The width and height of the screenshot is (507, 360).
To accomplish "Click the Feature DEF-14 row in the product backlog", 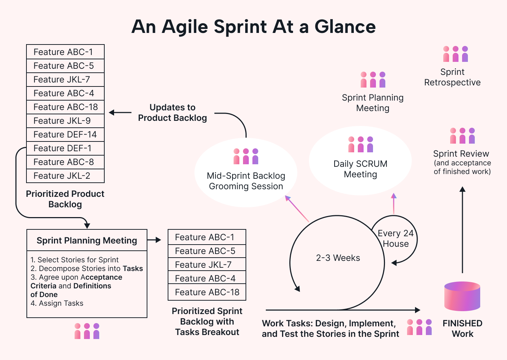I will pyautogui.click(x=65, y=135).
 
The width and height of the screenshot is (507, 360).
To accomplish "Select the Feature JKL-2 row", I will pyautogui.click(x=65, y=176).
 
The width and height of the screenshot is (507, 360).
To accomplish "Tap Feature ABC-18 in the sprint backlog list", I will pyautogui.click(x=207, y=292).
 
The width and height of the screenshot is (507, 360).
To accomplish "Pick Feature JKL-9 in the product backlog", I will pyautogui.click(x=65, y=121).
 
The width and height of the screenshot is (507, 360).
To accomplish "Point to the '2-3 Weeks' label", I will pyautogui.click(x=338, y=258).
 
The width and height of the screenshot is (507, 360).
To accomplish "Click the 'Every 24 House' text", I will pyautogui.click(x=395, y=239).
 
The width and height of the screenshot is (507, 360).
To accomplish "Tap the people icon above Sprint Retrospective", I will pyautogui.click(x=456, y=54).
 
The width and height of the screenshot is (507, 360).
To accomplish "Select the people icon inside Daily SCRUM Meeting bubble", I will pyautogui.click(x=360, y=144).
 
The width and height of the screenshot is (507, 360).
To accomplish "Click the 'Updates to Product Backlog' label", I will pyautogui.click(x=172, y=113).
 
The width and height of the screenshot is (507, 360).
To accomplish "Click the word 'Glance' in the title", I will pyautogui.click(x=345, y=27).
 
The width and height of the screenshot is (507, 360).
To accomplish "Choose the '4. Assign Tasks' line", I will pyautogui.click(x=57, y=303).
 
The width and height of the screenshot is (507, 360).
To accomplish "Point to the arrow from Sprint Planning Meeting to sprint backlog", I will pyautogui.click(x=154, y=240).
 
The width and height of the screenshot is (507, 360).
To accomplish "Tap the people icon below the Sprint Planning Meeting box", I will pyautogui.click(x=87, y=331).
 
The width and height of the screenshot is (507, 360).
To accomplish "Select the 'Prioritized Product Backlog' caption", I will pyautogui.click(x=65, y=199).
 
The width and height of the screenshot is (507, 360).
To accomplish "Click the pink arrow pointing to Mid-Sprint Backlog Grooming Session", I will pyautogui.click(x=297, y=208).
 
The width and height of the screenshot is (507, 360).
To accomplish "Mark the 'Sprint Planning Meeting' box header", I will pyautogui.click(x=87, y=241).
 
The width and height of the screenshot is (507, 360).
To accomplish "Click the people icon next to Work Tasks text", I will pyautogui.click(x=419, y=327).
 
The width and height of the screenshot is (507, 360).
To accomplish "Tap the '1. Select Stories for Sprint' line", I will pyautogui.click(x=75, y=260).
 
